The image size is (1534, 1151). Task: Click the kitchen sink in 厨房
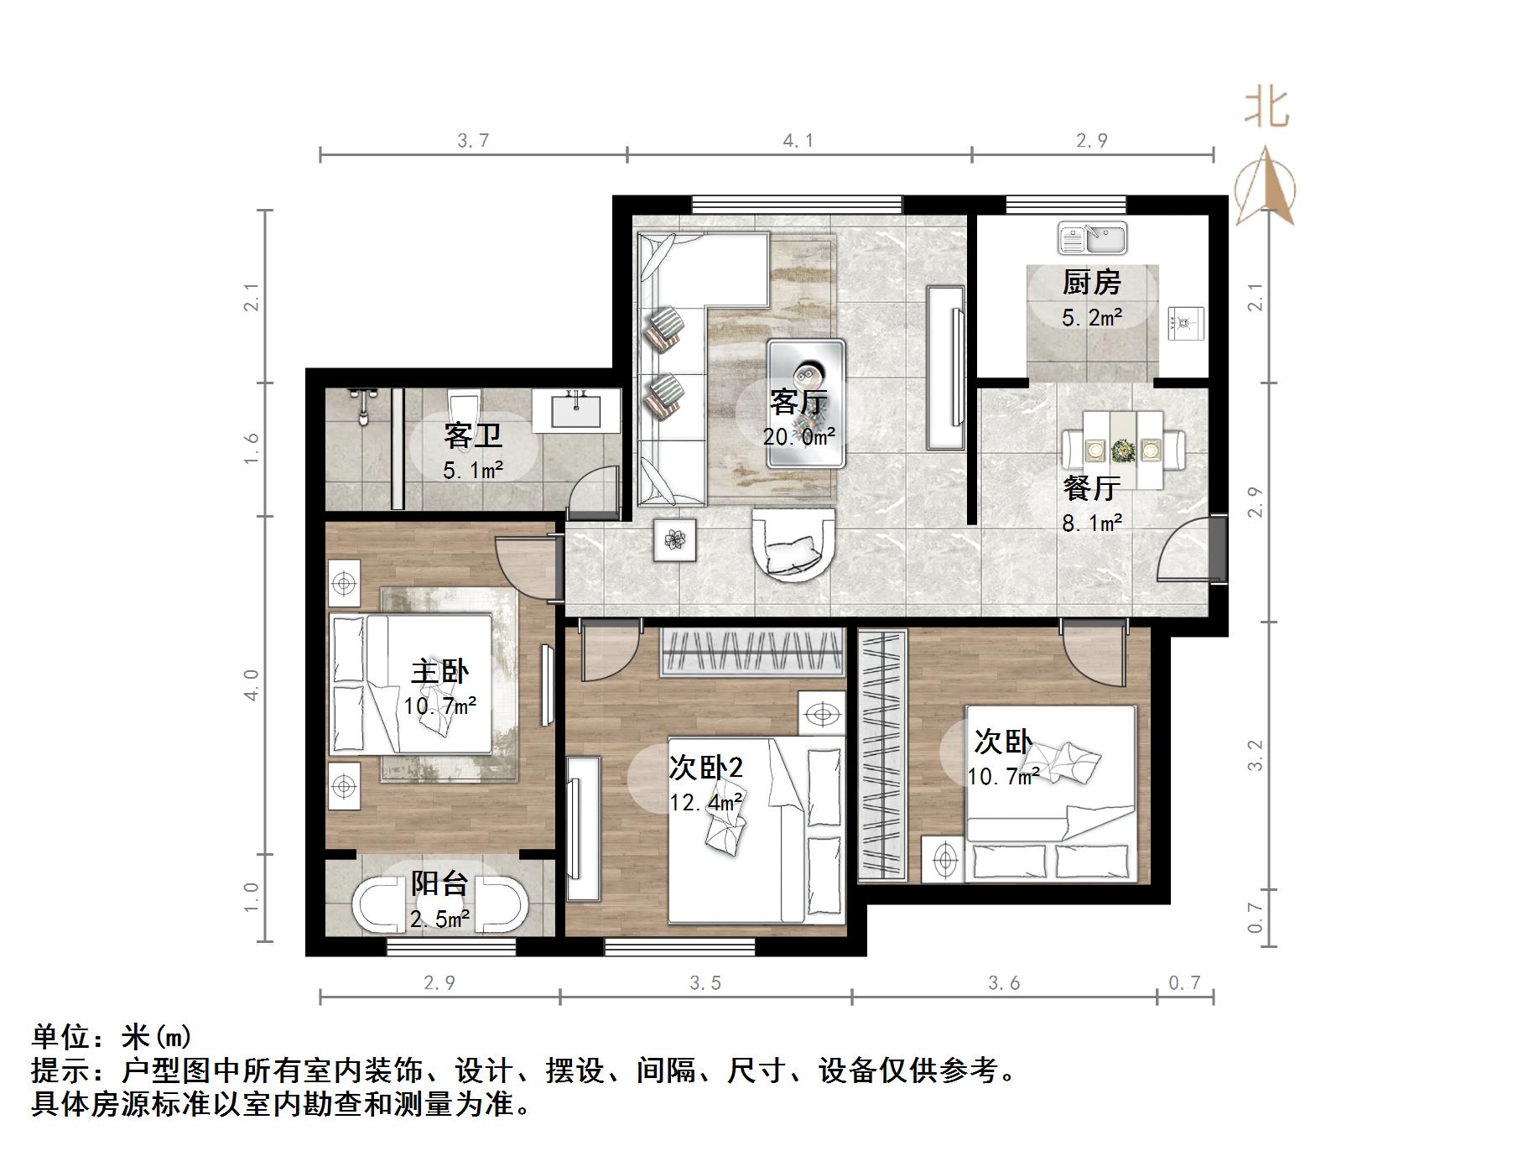point(1092,237)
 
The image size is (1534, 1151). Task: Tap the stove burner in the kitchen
point(1186,321)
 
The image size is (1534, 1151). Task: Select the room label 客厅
point(798,403)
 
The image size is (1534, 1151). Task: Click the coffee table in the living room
point(806,403)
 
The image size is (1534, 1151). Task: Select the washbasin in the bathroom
point(577,410)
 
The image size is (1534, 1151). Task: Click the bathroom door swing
point(594,493)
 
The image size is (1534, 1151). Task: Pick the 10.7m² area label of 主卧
point(439,706)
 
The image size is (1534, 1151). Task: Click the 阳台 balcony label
point(439,883)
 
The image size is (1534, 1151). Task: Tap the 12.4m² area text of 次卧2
point(705,803)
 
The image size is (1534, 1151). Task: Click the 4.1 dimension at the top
point(798,141)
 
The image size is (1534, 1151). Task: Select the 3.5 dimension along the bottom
point(705,982)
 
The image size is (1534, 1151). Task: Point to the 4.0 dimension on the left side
point(251,685)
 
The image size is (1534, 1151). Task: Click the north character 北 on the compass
point(1266,109)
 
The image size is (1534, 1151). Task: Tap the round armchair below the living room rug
point(794,544)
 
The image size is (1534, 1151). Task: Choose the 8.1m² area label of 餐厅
point(1091,523)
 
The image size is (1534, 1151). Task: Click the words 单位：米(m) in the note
point(112,1038)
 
